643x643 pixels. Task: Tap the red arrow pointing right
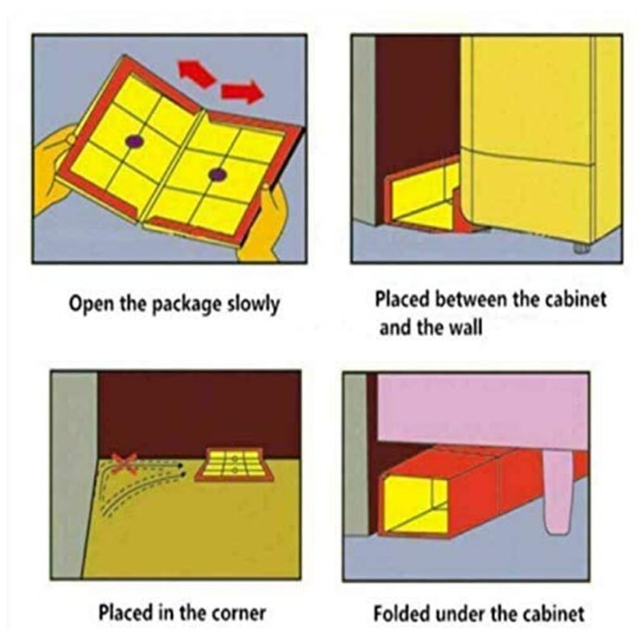point(242,92)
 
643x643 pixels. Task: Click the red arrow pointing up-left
point(196,72)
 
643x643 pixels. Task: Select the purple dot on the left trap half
point(134,142)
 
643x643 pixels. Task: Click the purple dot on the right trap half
point(217,174)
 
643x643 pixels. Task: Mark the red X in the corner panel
point(125,464)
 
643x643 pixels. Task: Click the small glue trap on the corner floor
point(234,465)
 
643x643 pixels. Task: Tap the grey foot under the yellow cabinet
point(580,248)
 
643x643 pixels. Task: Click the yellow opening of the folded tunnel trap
point(415,505)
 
